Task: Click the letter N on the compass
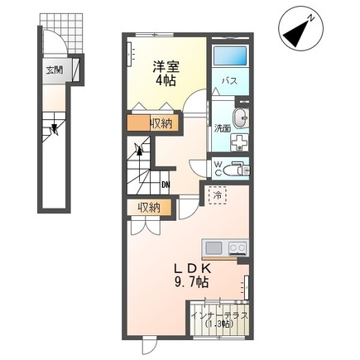(308, 17)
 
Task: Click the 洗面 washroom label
(222, 128)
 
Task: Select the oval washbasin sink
(240, 118)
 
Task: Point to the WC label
(218, 168)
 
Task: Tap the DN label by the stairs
(166, 184)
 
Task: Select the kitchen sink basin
(214, 247)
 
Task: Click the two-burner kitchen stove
(237, 247)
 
